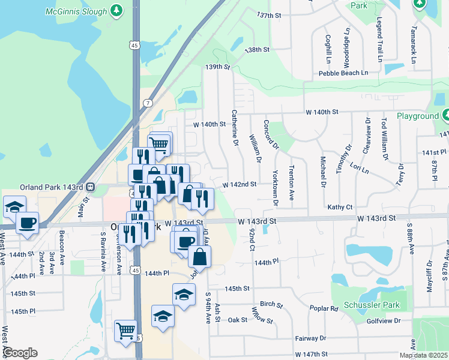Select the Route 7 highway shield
click(148, 103)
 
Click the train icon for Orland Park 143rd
click(90, 186)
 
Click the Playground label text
click(418, 116)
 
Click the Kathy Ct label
click(340, 207)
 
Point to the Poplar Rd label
click(324, 308)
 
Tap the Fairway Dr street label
click(311, 338)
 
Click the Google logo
click(20, 353)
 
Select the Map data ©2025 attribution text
click(423, 355)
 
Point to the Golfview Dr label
click(383, 321)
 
